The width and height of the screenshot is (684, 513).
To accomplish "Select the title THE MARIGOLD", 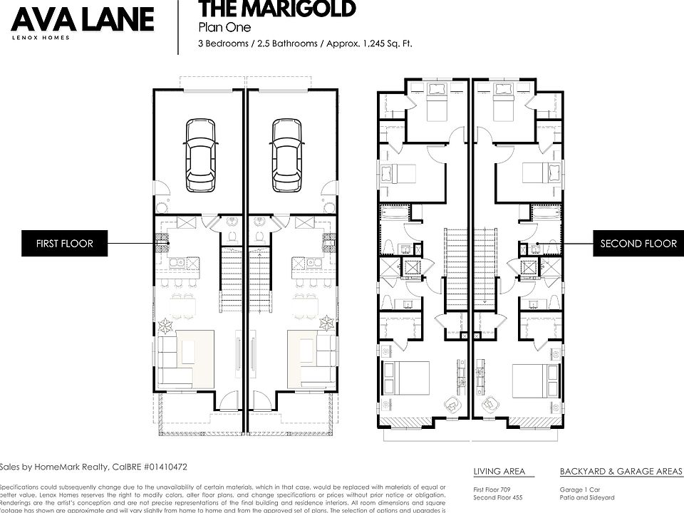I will [276, 9].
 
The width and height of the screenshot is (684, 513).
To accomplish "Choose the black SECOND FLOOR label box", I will [638, 244].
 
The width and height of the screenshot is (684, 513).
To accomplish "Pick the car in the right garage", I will [286, 155].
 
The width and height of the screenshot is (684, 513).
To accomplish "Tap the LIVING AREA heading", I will [499, 472].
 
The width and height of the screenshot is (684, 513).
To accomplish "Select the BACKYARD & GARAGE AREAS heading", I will [621, 472].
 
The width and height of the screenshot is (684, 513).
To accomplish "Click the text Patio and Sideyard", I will [587, 498].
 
